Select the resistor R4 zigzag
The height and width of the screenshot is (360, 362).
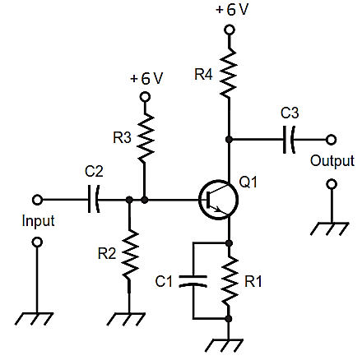tap(229, 73)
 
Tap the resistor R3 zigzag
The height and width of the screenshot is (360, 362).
tap(146, 137)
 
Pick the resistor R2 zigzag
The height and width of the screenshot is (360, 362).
tap(129, 253)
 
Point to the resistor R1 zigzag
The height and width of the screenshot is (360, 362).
tap(230, 281)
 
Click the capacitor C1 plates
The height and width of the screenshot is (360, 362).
tap(193, 281)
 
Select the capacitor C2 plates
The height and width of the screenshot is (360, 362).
tap(94, 200)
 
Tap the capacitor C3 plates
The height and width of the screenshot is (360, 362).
tap(289, 140)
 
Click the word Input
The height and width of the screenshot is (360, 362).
tap(38, 221)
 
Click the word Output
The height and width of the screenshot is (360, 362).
tap(332, 160)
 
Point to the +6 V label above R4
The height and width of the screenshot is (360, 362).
tap(232, 10)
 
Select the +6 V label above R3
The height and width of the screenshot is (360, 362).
tap(146, 78)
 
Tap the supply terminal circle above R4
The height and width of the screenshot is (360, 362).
tap(230, 30)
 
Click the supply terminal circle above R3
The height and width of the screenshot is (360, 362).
tap(145, 97)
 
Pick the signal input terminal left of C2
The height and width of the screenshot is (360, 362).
tap(37, 200)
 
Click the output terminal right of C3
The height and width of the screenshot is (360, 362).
tap(331, 140)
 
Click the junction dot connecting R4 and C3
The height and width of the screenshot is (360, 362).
tap(229, 140)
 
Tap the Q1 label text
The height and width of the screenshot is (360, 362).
tap(248, 182)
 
